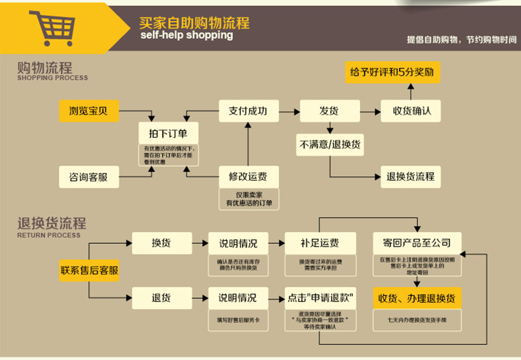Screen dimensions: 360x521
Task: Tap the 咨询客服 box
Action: [x=88, y=176]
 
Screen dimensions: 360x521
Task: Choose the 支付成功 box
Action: [x=247, y=110]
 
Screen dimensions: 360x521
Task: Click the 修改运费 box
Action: [x=247, y=176]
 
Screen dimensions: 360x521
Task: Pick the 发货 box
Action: [x=330, y=110]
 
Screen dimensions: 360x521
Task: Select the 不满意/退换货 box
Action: [x=330, y=144]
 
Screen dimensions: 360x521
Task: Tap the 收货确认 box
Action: [x=411, y=110]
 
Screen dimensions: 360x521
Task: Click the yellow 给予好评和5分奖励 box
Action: [x=392, y=72]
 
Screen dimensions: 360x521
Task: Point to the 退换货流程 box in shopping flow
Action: [x=410, y=176]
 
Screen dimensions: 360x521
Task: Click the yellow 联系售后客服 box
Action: [x=90, y=270]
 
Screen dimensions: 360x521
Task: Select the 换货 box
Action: [x=161, y=242]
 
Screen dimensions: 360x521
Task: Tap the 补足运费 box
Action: [x=319, y=242]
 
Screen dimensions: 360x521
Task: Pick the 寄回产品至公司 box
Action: [x=416, y=242]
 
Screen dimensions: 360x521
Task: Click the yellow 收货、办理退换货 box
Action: [x=416, y=297]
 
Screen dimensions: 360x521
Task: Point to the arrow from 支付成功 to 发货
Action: [x=288, y=110]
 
